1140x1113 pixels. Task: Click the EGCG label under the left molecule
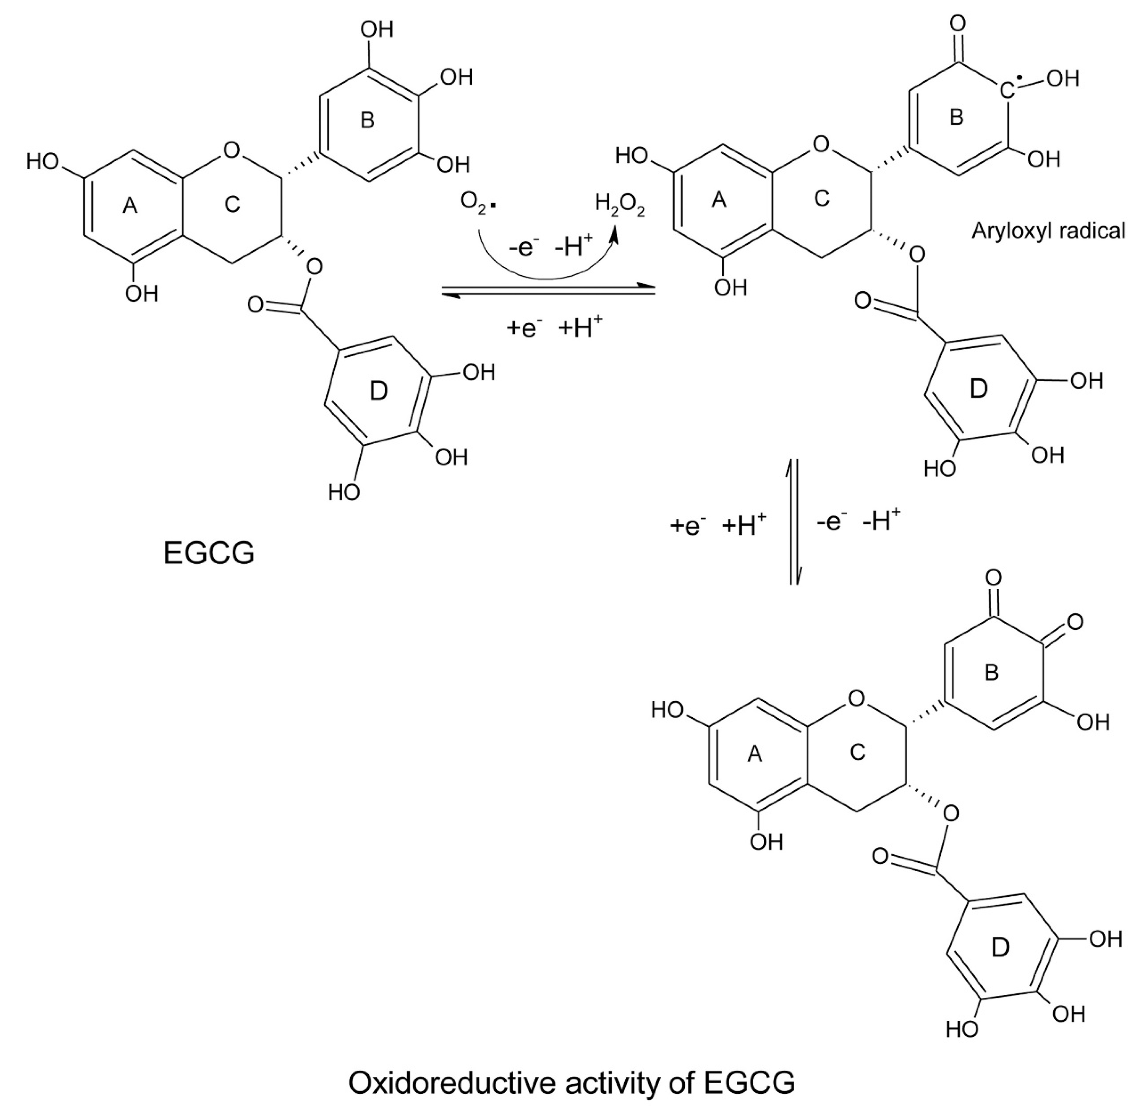point(209,552)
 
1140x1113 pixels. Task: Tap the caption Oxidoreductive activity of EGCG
point(571,1083)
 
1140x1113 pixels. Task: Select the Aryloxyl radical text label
point(1048,231)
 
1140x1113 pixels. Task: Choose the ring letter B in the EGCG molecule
point(367,120)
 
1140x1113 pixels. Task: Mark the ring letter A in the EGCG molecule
point(130,205)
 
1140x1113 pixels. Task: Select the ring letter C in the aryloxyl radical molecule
point(822,199)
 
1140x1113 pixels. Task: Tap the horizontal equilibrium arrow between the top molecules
point(548,290)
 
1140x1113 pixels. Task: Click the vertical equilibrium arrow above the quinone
point(793,521)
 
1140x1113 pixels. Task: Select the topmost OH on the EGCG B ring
point(376,29)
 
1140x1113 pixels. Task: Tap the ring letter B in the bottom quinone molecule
point(992,673)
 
